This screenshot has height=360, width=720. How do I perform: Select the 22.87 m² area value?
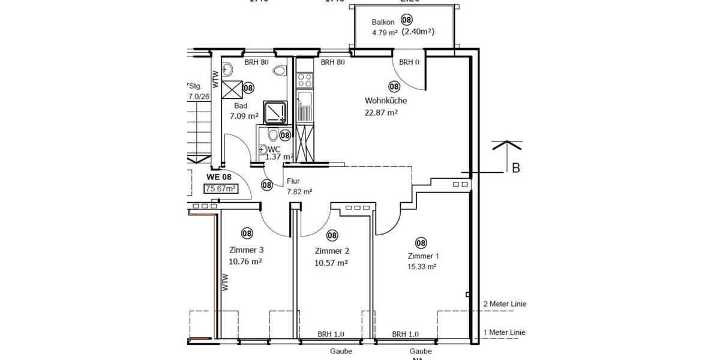pyautogui.click(x=382, y=112)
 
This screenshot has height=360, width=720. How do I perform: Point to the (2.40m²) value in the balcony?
pyautogui.click(x=418, y=32)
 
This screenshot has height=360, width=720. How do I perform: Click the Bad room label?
pyautogui.click(x=241, y=105)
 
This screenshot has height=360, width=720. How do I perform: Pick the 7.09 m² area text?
pyautogui.click(x=244, y=116)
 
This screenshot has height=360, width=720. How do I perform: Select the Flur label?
pyautogui.click(x=293, y=181)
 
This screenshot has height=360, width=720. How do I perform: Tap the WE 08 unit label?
pyautogui.click(x=218, y=177)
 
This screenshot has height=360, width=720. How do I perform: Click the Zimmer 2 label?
pyautogui.click(x=331, y=251)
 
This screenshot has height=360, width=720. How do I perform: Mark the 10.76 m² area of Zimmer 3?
pyautogui.click(x=245, y=262)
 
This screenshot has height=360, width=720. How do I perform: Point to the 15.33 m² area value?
pyautogui.click(x=421, y=267)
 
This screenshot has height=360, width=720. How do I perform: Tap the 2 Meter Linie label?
pyautogui.click(x=505, y=304)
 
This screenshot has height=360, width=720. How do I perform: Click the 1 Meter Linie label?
pyautogui.click(x=505, y=332)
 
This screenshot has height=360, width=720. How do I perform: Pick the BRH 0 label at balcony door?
pyautogui.click(x=409, y=62)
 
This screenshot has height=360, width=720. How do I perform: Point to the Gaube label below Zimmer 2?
pyautogui.click(x=340, y=352)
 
